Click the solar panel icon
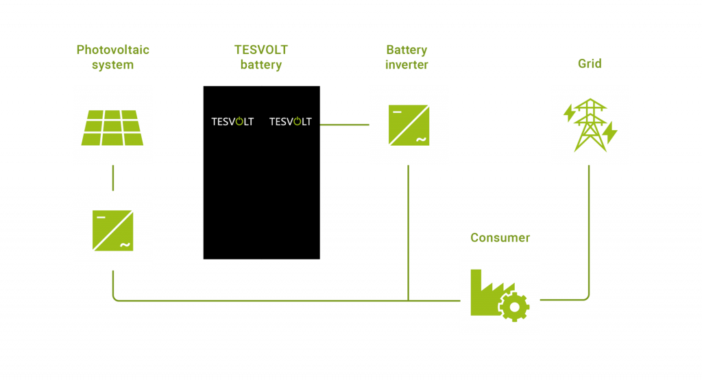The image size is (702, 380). [113, 127]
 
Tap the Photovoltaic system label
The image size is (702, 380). [113, 58]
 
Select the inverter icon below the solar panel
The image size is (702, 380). [113, 231]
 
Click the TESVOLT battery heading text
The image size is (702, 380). [261, 58]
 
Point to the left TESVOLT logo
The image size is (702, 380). [232, 122]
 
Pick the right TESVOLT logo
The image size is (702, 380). [290, 122]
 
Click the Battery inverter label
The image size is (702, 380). [407, 58]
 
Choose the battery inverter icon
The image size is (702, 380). [409, 125]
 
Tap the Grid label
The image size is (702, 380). [590, 64]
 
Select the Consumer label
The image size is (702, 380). [500, 238]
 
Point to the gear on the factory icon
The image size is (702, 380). [513, 306]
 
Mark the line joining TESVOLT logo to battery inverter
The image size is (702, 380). [344, 125]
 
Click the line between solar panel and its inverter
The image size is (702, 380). [113, 178]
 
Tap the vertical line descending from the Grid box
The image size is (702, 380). [590, 226]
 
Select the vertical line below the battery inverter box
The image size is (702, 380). [409, 233]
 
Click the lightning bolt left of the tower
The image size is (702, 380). [568, 113]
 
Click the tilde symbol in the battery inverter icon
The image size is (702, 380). [420, 140]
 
